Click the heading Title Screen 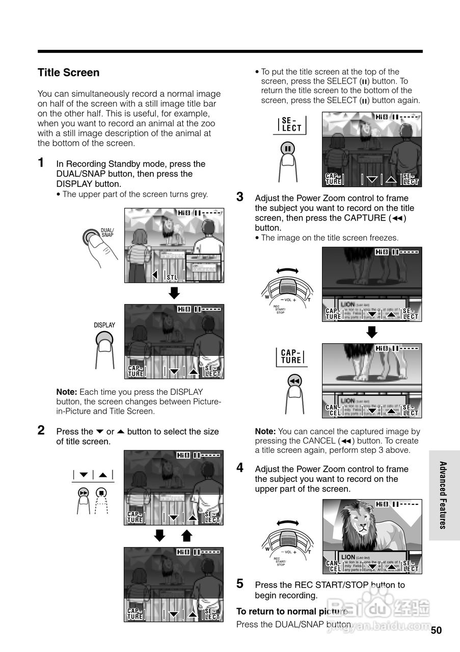[x=68, y=73]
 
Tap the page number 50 [x=436, y=630]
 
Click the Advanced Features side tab [x=443, y=495]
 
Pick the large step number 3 [x=240, y=197]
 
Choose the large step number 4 [x=240, y=468]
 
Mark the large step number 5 [x=240, y=584]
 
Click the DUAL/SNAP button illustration [x=92, y=237]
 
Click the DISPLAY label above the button [x=104, y=325]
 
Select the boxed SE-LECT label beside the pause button [x=292, y=124]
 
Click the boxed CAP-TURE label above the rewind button [x=291, y=357]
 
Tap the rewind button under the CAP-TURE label [x=293, y=381]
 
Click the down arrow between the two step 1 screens [x=174, y=293]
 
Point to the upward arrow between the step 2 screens [x=186, y=535]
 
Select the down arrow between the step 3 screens [x=372, y=332]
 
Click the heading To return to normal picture [x=292, y=611]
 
